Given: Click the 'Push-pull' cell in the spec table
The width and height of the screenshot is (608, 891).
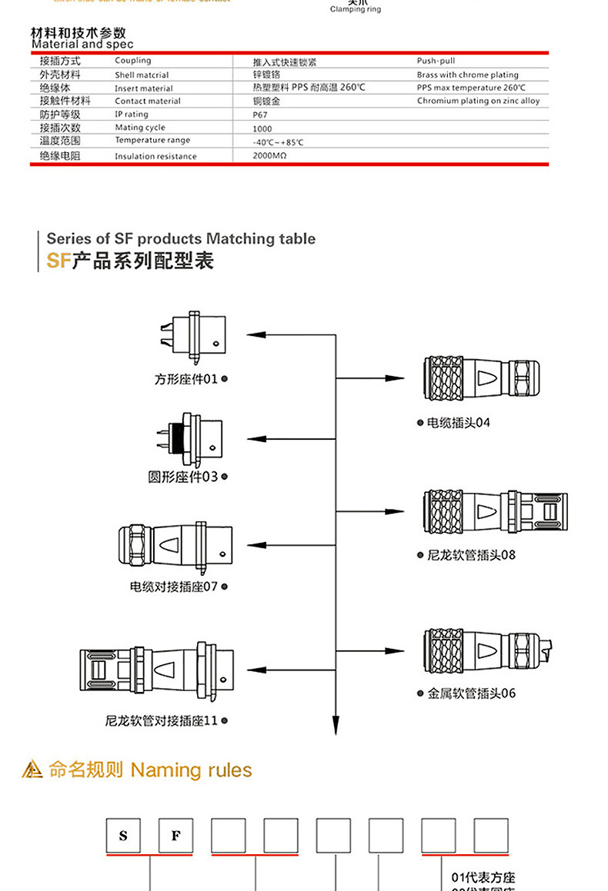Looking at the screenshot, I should click(x=436, y=61).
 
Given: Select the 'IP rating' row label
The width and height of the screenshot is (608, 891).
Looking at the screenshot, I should click(x=132, y=115).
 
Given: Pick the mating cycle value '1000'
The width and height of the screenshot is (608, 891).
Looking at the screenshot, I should click(x=262, y=128).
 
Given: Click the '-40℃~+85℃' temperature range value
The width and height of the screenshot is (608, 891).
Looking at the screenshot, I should click(x=278, y=142).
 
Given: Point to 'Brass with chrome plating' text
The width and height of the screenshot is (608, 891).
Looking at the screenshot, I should click(x=467, y=75).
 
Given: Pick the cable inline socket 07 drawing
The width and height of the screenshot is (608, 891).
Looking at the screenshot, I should click(x=175, y=547).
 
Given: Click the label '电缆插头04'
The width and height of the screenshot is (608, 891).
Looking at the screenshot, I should click(x=459, y=423).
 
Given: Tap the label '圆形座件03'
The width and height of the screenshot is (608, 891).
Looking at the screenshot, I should click(x=183, y=477).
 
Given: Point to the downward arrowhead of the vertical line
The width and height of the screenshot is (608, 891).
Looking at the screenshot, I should click(x=336, y=725).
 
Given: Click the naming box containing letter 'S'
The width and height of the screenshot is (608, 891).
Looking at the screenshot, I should click(x=124, y=836).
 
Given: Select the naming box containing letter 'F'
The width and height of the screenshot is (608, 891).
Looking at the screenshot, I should click(x=176, y=836).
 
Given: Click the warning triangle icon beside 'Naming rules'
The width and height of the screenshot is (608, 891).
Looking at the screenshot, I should click(x=32, y=770).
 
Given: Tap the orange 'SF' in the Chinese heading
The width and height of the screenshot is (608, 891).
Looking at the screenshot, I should click(x=58, y=261).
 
